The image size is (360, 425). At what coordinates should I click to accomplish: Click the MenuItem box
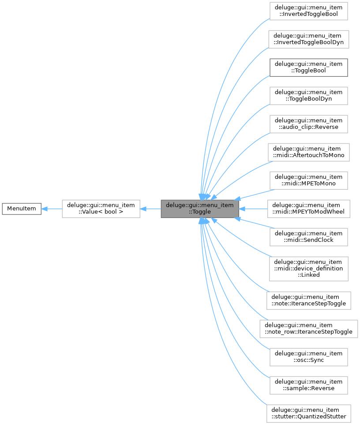(22, 208)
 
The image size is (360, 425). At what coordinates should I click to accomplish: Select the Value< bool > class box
(101, 208)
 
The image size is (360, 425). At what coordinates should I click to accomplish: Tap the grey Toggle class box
(199, 208)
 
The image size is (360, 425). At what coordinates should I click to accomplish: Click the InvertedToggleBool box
(308, 11)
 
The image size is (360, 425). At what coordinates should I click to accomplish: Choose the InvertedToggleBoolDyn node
(308, 39)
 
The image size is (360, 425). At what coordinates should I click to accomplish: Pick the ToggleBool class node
(308, 67)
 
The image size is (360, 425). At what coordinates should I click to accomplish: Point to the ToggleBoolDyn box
(308, 95)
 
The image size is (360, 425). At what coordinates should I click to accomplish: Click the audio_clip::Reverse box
(308, 124)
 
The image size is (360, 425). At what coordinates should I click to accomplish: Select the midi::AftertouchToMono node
(308, 152)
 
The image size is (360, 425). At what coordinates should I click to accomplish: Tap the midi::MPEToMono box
(308, 180)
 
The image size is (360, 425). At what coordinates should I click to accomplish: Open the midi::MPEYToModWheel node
(308, 208)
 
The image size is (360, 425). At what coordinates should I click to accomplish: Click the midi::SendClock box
(308, 237)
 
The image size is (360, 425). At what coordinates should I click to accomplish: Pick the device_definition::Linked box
(308, 268)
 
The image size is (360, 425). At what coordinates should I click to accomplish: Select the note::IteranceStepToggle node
(308, 300)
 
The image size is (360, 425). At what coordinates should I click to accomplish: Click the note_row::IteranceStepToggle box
(308, 328)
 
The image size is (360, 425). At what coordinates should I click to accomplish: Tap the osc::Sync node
(308, 357)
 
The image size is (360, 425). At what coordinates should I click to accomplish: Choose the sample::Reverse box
(308, 385)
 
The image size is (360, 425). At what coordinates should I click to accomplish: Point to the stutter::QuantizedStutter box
(308, 413)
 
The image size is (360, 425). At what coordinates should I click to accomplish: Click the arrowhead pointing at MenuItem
(45, 208)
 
